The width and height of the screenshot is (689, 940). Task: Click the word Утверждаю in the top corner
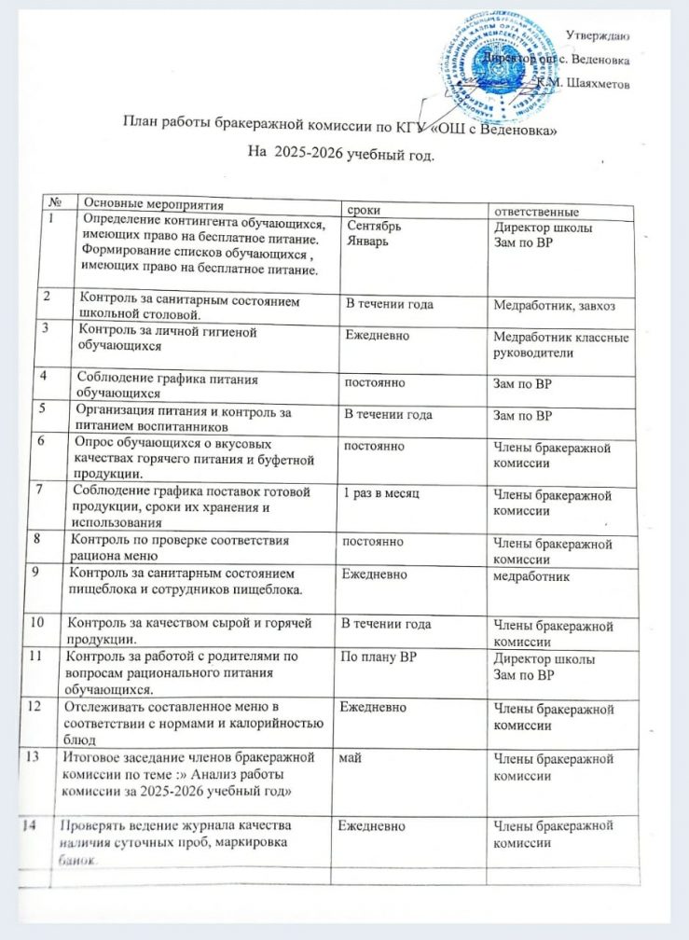coord(597,35)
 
